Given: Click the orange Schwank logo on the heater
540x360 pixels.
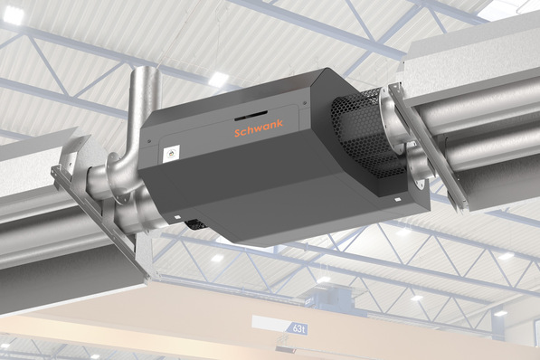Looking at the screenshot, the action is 259,128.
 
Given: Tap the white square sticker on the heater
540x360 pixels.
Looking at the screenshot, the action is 171,154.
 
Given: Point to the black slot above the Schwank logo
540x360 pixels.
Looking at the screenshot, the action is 251,116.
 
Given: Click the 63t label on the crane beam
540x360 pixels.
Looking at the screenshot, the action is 298,328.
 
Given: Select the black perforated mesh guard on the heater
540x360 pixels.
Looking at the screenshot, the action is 365,135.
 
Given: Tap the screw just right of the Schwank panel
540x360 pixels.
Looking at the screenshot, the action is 305,102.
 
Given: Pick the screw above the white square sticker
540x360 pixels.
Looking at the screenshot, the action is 149,140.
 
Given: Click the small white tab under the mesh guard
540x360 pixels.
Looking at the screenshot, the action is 397,199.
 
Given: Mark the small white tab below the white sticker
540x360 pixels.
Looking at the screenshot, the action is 177,217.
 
